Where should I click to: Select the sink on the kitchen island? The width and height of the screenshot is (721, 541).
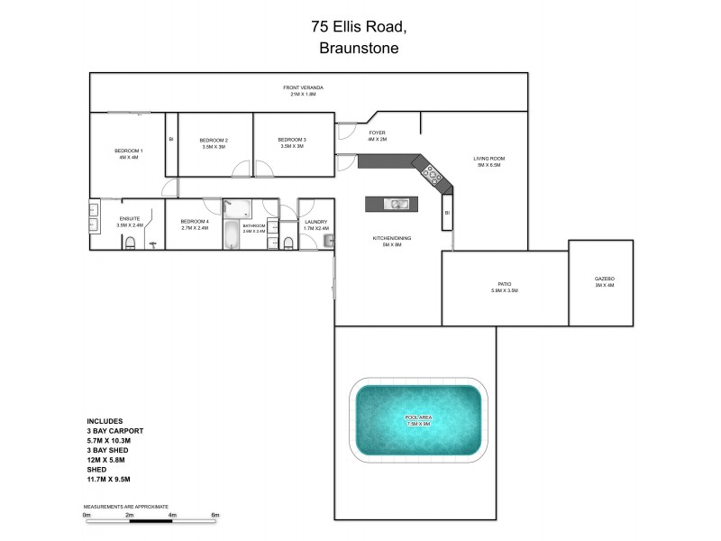pyautogui.click(x=396, y=205)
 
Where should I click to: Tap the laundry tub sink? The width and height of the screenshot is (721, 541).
pyautogui.click(x=329, y=240)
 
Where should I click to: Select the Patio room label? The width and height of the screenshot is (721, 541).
pyautogui.click(x=505, y=284)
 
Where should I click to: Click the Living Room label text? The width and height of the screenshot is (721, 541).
pyautogui.click(x=489, y=159)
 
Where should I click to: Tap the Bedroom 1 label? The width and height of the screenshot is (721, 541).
pyautogui.click(x=128, y=150)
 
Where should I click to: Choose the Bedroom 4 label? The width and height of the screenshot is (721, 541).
pyautogui.click(x=194, y=222)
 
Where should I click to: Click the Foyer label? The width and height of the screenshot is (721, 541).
pyautogui.click(x=377, y=133)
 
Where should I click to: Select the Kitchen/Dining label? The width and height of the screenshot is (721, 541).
pyautogui.click(x=392, y=238)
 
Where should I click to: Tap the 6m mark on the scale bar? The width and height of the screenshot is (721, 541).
pyautogui.click(x=215, y=515)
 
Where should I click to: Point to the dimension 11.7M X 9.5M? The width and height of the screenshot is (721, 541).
pyautogui.click(x=109, y=479)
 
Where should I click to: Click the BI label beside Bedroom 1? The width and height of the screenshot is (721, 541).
pyautogui.click(x=170, y=139)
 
